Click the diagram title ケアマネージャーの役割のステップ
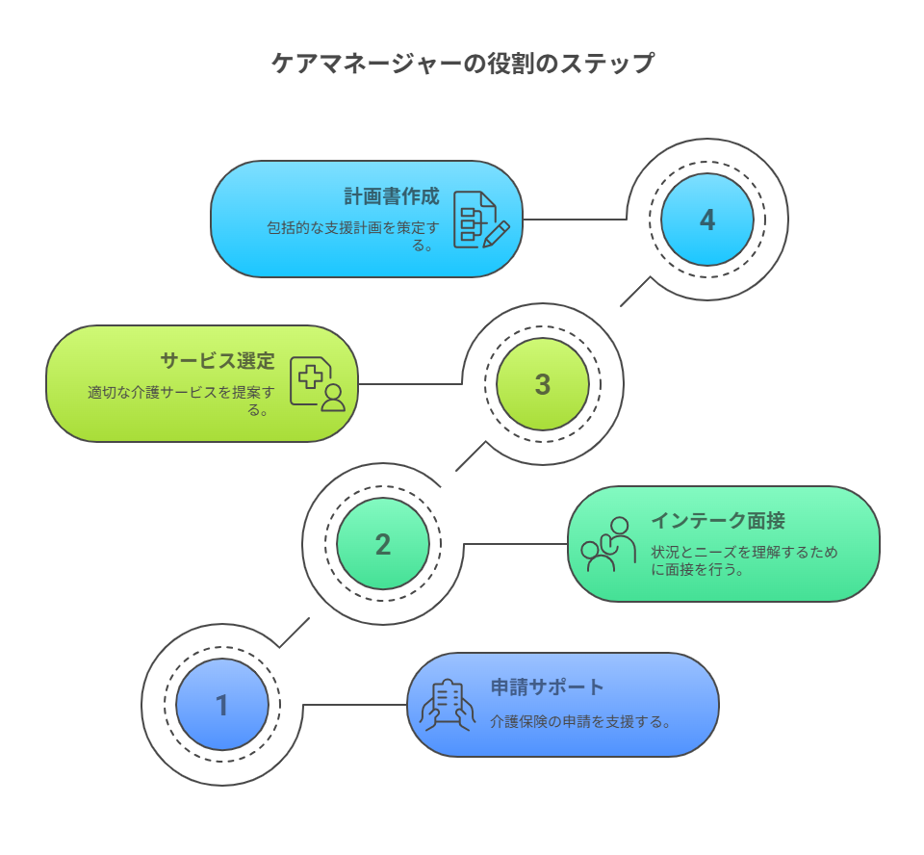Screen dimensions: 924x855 coord(463,63)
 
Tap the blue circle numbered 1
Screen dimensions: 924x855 coord(222,705)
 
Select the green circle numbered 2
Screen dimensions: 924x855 coord(383,544)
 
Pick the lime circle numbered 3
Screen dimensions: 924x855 coord(543,384)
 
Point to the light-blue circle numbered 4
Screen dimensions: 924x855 coord(707,220)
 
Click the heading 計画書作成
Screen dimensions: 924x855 coord(392,196)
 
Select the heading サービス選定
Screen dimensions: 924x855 coord(218,361)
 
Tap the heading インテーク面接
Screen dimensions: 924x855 coord(718,521)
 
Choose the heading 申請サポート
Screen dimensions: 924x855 coord(547,687)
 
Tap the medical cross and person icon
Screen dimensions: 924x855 coord(318,384)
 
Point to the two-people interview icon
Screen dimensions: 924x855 coord(608,544)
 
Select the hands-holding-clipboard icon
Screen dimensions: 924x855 coord(448,705)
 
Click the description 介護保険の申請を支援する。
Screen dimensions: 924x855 coord(580,722)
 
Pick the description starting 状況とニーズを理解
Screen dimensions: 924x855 coord(744,560)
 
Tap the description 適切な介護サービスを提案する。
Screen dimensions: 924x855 coord(181,401)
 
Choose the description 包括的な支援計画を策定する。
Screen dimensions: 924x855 coord(352,237)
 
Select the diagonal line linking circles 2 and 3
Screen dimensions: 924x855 coord(471,455)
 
